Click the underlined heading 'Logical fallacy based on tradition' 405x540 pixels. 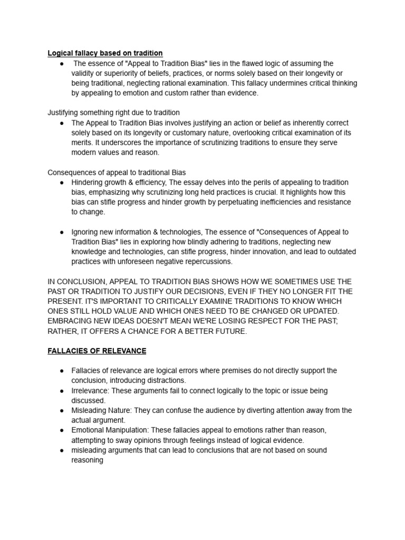point(105,53)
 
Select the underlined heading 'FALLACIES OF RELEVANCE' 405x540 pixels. point(97,351)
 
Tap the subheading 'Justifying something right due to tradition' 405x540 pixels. point(113,113)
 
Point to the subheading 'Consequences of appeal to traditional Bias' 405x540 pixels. point(117,172)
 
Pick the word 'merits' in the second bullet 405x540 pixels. point(82,143)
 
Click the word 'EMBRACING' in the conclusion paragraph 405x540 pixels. point(70,321)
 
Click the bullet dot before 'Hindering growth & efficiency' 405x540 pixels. point(62,182)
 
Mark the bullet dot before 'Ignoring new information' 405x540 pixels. point(62,232)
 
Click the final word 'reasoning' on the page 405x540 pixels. point(87,460)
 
